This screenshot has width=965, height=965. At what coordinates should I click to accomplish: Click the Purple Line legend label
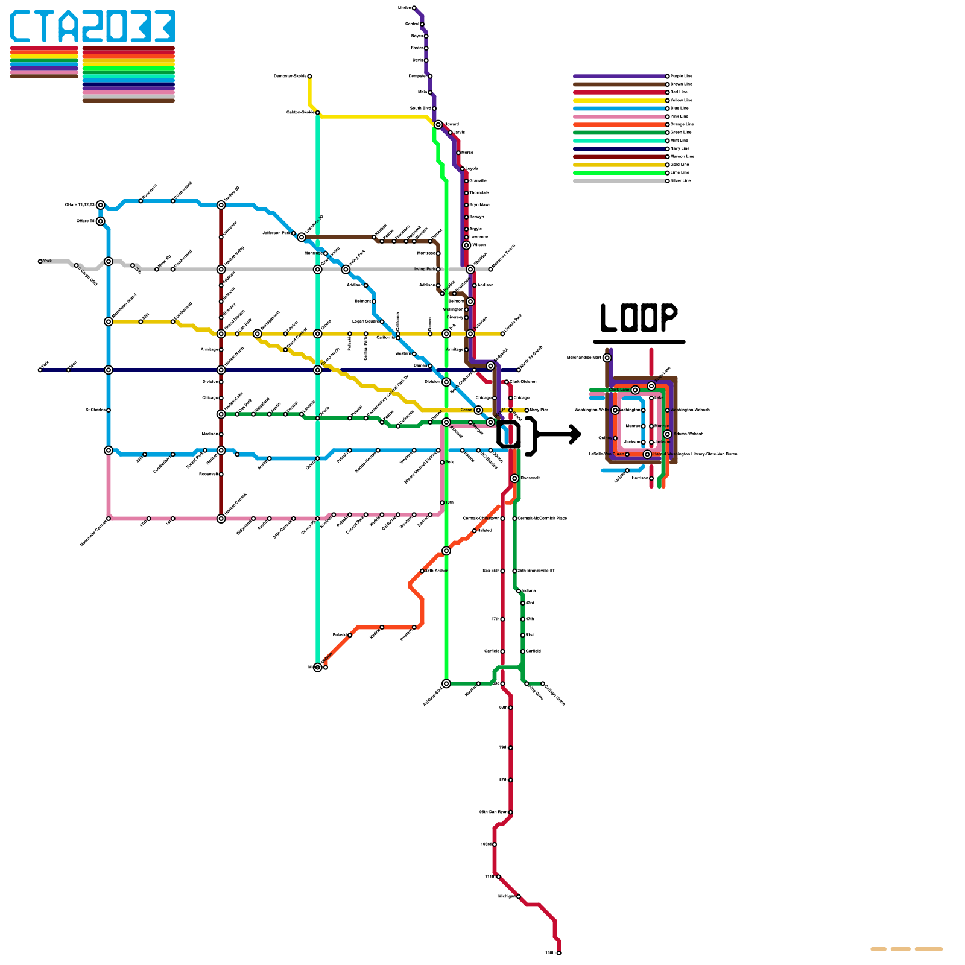click(682, 77)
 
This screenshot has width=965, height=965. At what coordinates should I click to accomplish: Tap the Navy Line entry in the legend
click(680, 149)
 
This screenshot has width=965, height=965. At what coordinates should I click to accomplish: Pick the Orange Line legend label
click(682, 125)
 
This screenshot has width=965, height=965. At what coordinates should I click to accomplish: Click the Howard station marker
click(438, 125)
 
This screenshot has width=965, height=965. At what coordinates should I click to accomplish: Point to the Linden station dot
click(414, 8)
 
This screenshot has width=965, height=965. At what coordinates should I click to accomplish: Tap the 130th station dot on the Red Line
click(559, 953)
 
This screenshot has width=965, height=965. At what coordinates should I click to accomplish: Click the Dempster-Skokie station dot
click(309, 77)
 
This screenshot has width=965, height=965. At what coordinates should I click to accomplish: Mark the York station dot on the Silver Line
click(40, 262)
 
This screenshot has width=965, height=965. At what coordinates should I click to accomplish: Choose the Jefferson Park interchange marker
click(302, 237)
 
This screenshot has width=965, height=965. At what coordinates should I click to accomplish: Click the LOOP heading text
click(639, 318)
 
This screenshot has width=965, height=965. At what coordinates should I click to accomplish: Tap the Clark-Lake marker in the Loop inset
click(635, 390)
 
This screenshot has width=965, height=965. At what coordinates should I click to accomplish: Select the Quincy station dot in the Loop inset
click(615, 438)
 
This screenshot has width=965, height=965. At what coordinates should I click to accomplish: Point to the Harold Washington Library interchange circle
click(647, 454)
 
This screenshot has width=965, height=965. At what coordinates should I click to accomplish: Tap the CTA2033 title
click(92, 27)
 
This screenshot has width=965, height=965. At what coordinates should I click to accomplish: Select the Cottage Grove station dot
click(543, 683)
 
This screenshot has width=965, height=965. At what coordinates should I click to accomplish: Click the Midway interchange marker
click(318, 668)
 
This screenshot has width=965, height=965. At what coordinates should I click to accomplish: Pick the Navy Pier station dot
click(527, 410)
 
